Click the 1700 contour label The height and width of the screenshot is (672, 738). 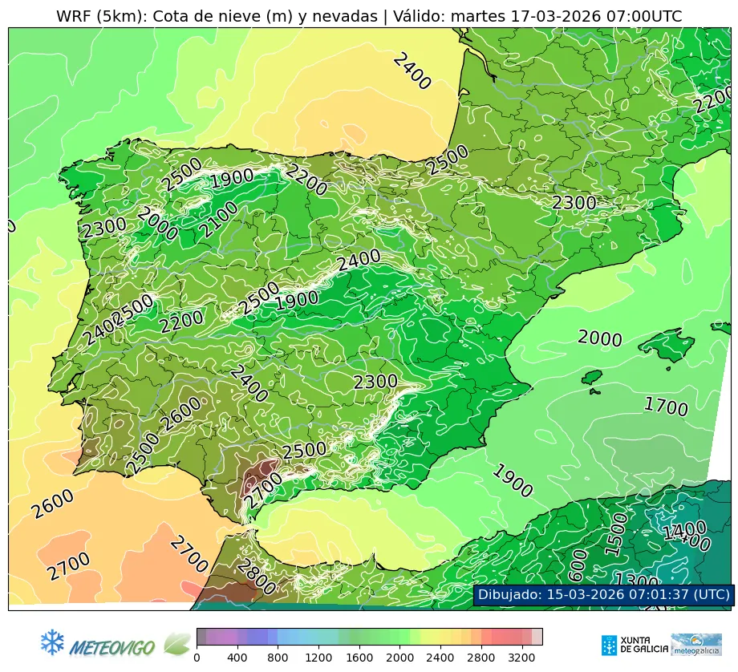pyautogui.click(x=666, y=407)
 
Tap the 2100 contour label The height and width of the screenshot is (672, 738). pyautogui.click(x=219, y=220)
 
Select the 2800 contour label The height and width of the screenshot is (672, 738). pyautogui.click(x=256, y=577)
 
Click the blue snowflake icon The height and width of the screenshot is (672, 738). pyautogui.click(x=52, y=642)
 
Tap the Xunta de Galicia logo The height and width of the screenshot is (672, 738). pyautogui.click(x=634, y=645)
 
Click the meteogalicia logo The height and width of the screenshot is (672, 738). pyautogui.click(x=696, y=645)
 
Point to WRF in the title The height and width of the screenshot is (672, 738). pyautogui.click(x=73, y=16)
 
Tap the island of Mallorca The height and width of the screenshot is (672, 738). pyautogui.click(x=669, y=347)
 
